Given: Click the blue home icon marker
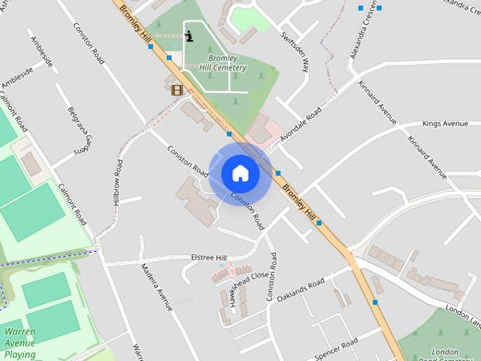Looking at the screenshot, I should coord(240,174).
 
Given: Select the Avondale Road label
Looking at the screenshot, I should coord(301,125).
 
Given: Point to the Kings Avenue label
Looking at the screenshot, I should coord(445,123).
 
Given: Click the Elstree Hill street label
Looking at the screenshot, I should coord(209,258).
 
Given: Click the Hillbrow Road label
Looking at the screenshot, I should coord(118,181).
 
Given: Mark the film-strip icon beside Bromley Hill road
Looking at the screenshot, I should coord(177,90).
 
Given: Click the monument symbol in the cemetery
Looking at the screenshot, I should coord(188,35).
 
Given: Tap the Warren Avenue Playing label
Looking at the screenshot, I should coord(20,342).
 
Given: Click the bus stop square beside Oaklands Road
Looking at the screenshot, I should coord(374,302).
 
